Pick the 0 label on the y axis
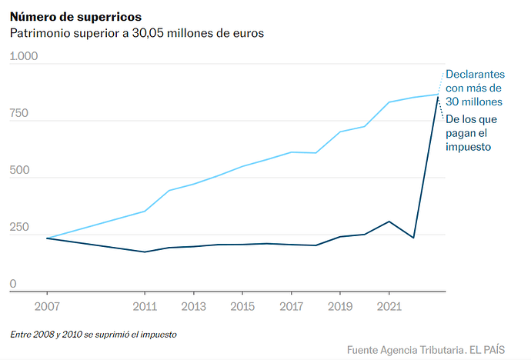pyautogui.click(x=12, y=285)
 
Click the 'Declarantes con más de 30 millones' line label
pyautogui.click(x=475, y=88)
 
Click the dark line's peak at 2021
pyautogui.click(x=389, y=222)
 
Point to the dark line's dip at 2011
pyautogui.click(x=145, y=252)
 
